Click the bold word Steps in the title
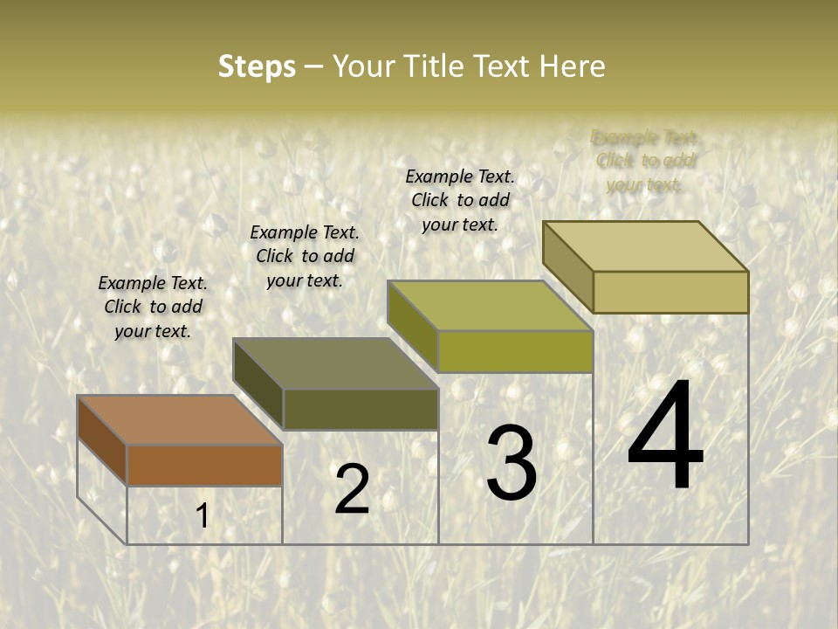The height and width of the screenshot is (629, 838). pos(257,66)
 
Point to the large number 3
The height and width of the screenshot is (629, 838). pos(512,463)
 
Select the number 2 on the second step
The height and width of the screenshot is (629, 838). pos(352,489)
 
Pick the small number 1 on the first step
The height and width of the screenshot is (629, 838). pos(203,516)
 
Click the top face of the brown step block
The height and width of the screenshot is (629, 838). pos(179,420)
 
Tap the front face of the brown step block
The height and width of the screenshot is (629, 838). pos(204,465)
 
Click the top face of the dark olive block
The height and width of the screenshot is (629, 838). pos(335,363)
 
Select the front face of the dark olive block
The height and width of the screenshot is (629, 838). pos(361,409)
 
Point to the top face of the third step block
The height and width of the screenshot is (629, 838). pos(490,306)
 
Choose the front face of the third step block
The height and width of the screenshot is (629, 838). pos(515,351)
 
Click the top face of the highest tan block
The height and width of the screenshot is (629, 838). pos(646,246)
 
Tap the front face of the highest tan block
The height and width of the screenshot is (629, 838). pos(670,292)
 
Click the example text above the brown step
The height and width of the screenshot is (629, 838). pos(153,307)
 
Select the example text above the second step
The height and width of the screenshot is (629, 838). pos(305,256)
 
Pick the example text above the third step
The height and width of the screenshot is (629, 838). pos(460,200)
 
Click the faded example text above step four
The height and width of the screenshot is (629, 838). pos(645,161)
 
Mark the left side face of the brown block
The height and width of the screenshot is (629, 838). pos(102,440)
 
